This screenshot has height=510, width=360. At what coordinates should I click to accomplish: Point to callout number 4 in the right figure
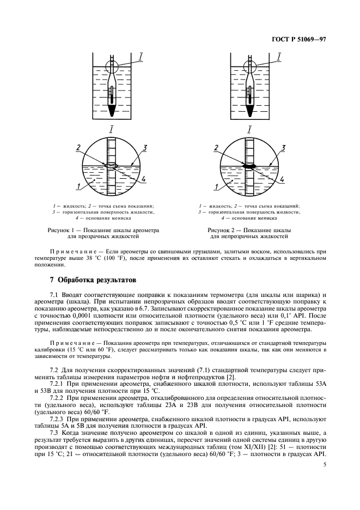(x=283, y=178)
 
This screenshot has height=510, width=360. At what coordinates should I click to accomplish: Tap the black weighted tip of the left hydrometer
(x=112, y=110)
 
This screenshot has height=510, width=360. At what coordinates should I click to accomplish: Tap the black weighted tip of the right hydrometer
(x=249, y=110)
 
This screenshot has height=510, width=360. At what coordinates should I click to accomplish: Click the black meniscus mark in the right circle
(x=250, y=165)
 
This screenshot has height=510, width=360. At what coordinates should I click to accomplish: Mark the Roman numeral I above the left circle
(x=112, y=129)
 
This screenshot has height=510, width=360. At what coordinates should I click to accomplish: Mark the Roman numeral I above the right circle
(x=249, y=129)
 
